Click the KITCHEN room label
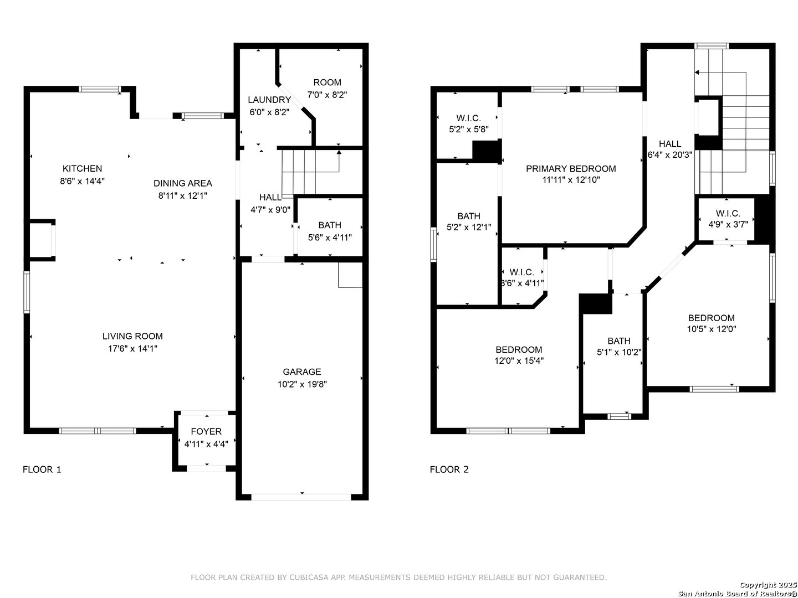tap(82, 168)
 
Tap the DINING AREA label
tap(182, 183)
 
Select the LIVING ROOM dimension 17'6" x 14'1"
tap(132, 349)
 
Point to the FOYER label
tap(206, 431)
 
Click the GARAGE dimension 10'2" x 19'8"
tap(302, 384)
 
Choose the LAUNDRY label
tap(269, 100)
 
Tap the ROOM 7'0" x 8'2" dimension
tap(327, 95)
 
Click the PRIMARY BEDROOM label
tap(571, 168)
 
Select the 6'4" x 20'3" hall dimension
tap(669, 154)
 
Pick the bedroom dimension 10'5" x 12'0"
tap(711, 329)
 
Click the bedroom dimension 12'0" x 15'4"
tap(519, 360)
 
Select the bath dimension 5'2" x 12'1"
tap(469, 227)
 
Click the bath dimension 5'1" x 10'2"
tap(619, 352)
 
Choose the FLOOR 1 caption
tap(42, 470)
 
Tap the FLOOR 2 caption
tap(449, 470)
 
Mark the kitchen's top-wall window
tap(100, 89)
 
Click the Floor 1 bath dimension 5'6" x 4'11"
tap(330, 238)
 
